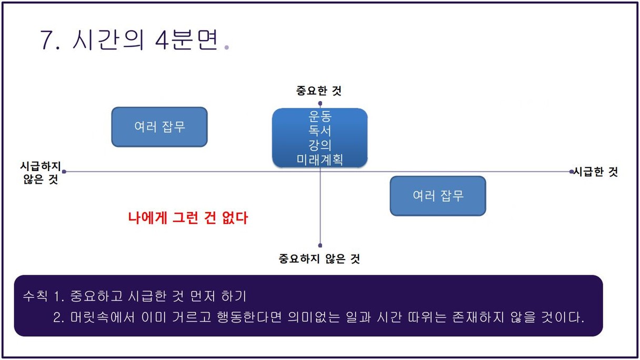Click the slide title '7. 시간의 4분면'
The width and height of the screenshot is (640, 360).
tap(129, 40)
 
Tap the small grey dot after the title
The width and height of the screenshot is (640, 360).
tap(226, 47)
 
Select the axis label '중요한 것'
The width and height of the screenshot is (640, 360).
tap(318, 91)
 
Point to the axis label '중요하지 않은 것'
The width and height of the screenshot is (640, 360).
tap(319, 259)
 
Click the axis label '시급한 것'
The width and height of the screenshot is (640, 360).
tap(596, 172)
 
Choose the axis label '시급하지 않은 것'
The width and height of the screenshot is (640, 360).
tap(41, 173)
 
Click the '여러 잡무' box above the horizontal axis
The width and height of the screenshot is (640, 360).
tap(159, 127)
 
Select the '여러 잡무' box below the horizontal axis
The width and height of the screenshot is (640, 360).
tap(438, 196)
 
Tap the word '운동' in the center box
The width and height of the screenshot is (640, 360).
tap(319, 116)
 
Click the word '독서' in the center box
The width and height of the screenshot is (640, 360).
tap(319, 131)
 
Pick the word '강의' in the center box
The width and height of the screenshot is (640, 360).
tap(319, 145)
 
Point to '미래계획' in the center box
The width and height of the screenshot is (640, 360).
tap(319, 159)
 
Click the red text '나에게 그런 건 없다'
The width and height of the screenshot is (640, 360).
tap(188, 218)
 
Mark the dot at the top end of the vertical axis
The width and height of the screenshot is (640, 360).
tap(320, 103)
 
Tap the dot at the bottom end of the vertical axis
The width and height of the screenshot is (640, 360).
tap(320, 245)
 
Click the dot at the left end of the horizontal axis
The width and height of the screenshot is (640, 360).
tap(64, 172)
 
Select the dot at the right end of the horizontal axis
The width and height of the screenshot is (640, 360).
tap(572, 172)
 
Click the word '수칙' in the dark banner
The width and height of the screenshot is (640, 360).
tap(35, 296)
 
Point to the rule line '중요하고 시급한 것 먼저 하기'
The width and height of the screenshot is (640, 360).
tap(158, 296)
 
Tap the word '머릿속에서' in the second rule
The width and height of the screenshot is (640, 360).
tap(102, 317)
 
